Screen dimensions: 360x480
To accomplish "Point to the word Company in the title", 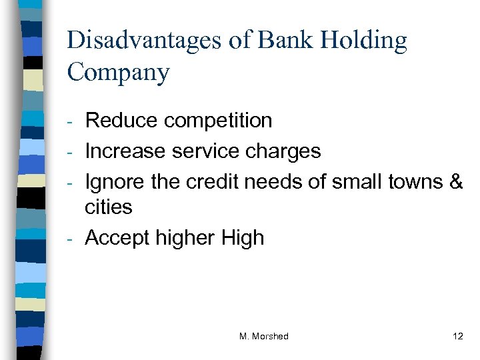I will tap(118, 73).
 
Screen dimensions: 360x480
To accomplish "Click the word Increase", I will tap(126, 151).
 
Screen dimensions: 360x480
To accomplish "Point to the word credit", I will tap(209, 181).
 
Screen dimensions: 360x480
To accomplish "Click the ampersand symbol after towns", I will tap(457, 181).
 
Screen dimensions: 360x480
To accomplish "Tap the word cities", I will tap(109, 207).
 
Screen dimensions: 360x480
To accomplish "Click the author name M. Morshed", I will tap(263, 336).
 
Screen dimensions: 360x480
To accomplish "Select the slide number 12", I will tap(457, 336).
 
